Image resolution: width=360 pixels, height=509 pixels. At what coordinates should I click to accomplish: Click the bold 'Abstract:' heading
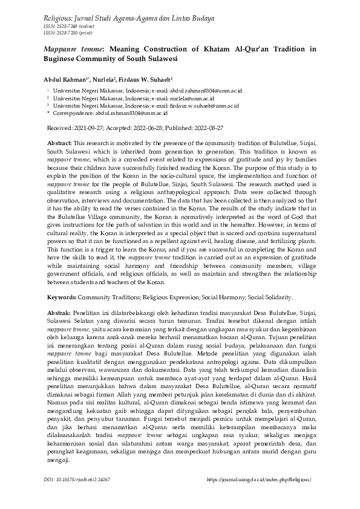click(x=59, y=141)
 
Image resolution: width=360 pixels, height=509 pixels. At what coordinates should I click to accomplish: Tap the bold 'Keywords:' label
click(x=61, y=297)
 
